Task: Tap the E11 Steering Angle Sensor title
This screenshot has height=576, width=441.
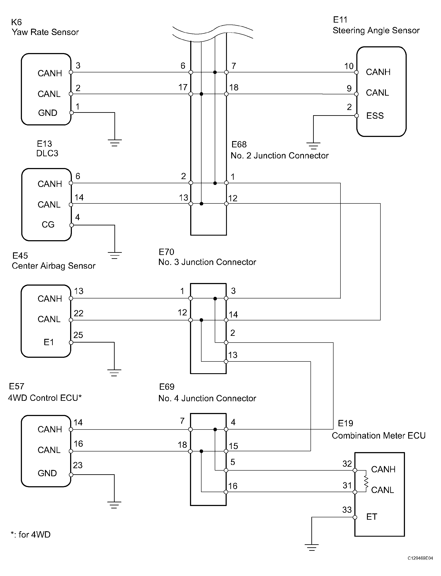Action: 376,25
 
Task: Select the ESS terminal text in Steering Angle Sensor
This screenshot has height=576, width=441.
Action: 375,116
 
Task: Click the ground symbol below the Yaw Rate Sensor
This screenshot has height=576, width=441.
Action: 115,143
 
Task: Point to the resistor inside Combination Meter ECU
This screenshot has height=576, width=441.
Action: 366,481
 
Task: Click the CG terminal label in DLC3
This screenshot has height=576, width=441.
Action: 48,224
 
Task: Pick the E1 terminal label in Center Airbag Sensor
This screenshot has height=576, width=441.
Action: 49,342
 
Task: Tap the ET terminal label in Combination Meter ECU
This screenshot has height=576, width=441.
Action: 372,517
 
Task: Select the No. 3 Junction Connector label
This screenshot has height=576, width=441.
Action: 207,262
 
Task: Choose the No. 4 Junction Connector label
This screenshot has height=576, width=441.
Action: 207,398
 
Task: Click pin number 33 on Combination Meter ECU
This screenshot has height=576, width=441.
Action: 347,510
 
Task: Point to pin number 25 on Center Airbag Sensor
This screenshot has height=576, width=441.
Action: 78,335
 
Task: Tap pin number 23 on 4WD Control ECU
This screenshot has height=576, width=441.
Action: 78,465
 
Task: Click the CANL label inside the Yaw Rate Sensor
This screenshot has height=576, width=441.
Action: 49,94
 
